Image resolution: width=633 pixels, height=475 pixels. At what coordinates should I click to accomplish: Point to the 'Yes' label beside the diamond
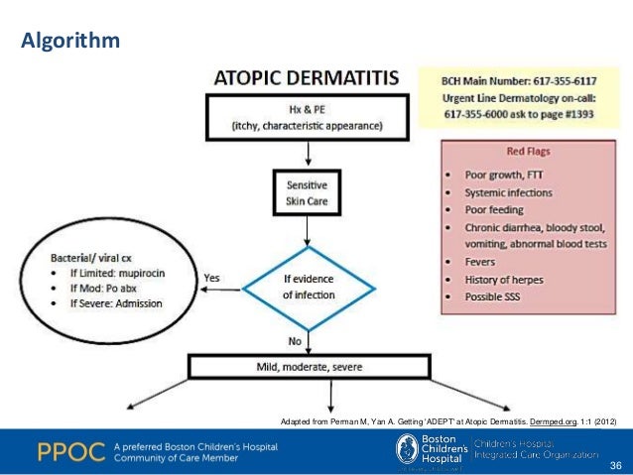coord(211,278)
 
